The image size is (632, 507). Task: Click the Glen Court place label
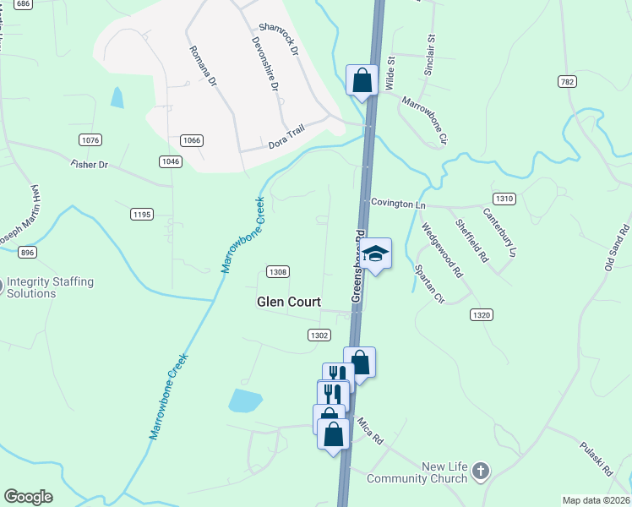pos(289,302)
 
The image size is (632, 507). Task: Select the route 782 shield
pos(567,81)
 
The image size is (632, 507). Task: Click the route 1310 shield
pos(504,199)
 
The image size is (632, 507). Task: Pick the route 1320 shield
pos(481,314)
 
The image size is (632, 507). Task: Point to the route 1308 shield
pos(278,271)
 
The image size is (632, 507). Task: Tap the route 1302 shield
pos(319,335)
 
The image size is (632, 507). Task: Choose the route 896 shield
pos(28,253)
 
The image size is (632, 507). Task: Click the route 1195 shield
pos(142,215)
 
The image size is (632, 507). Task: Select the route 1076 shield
pos(90,139)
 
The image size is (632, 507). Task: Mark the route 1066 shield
pos(191,139)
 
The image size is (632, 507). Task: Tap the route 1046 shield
pos(170,161)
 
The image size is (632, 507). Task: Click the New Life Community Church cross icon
pos(481,471)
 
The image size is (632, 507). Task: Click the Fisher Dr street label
pos(90,164)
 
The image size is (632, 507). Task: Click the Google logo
pos(28,497)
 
